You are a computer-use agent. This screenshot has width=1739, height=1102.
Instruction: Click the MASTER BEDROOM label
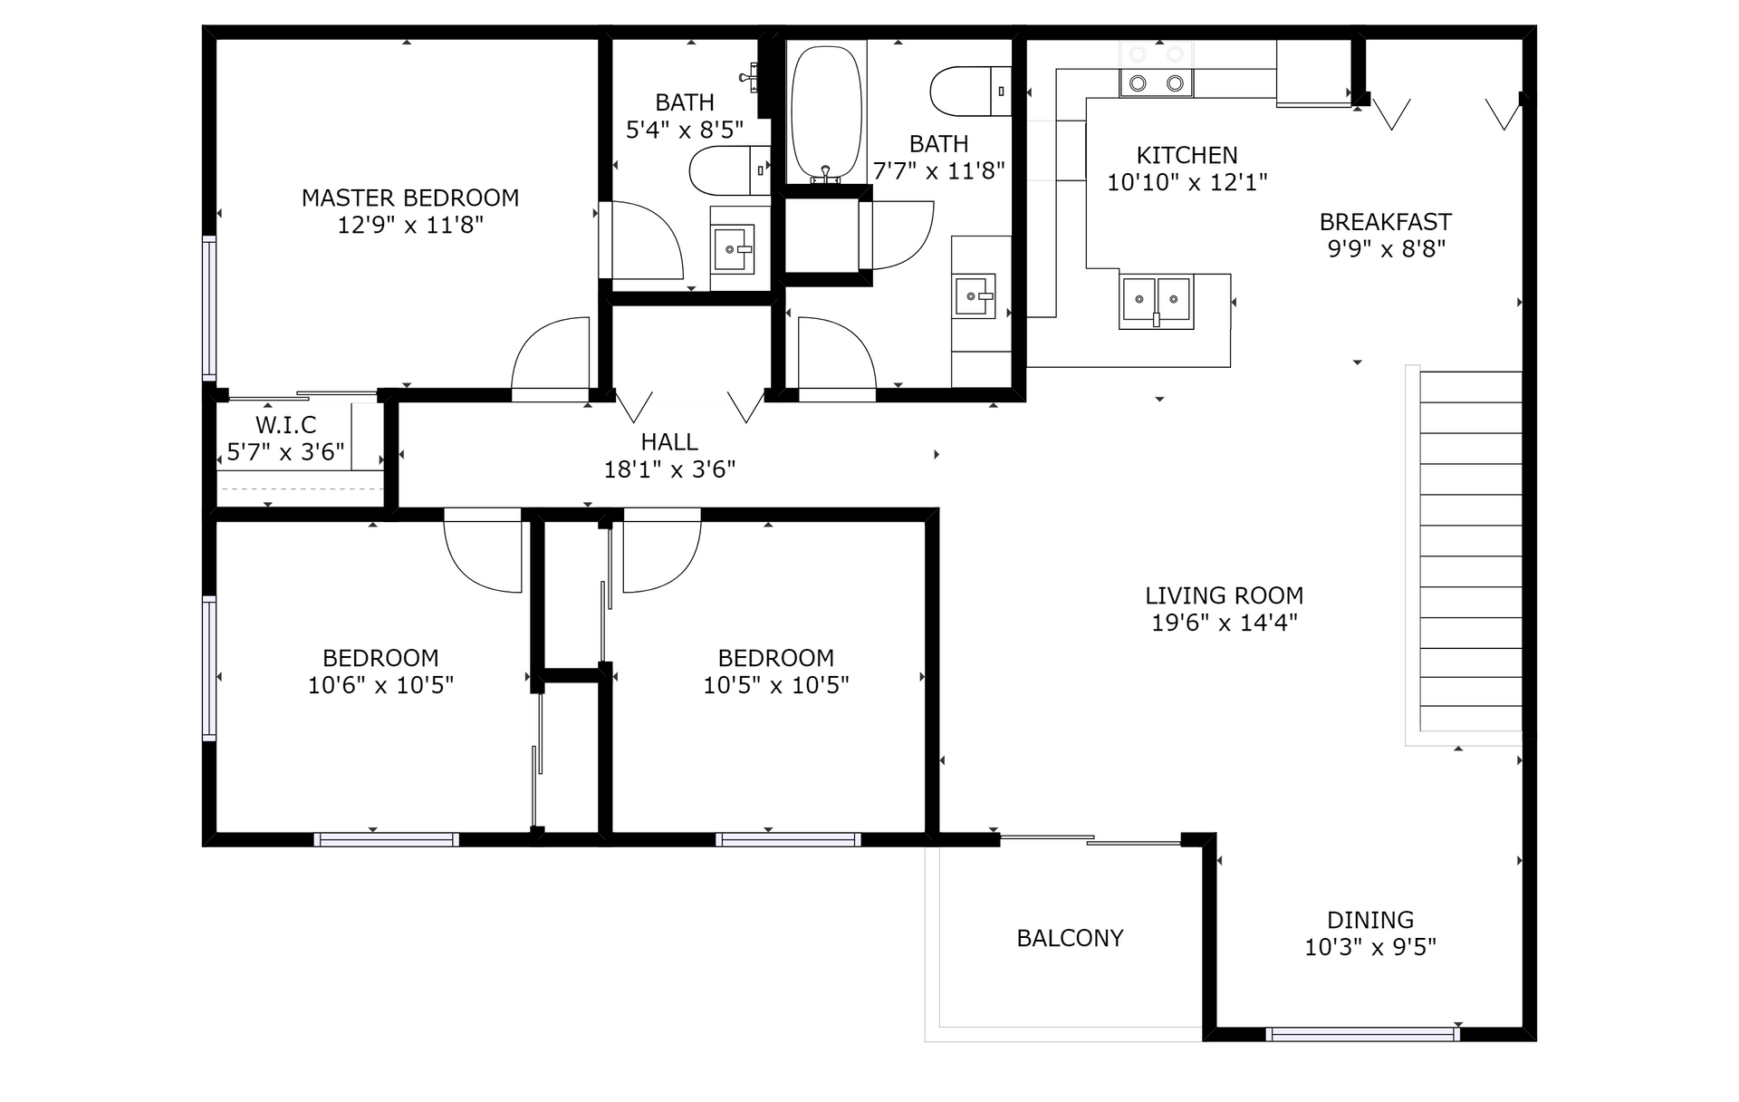click(x=410, y=198)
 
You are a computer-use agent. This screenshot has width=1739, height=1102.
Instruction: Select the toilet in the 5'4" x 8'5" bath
click(x=729, y=170)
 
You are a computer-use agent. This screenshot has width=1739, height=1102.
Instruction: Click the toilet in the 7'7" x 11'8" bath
click(x=971, y=91)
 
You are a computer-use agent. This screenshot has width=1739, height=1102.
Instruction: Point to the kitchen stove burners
click(x=1157, y=83)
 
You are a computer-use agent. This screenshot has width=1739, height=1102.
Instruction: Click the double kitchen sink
click(x=1157, y=300)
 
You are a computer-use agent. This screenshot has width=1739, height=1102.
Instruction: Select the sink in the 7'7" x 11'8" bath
click(x=975, y=296)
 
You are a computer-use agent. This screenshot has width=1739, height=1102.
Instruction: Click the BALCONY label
click(x=1070, y=938)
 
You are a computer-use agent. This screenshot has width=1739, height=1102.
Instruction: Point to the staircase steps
click(x=1470, y=551)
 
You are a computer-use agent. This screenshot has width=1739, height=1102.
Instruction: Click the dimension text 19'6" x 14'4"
click(x=1225, y=623)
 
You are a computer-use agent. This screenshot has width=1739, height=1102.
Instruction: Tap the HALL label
click(x=669, y=442)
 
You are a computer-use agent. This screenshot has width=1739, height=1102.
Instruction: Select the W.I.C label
click(x=286, y=425)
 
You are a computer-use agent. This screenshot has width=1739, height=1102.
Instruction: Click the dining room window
click(x=1362, y=1034)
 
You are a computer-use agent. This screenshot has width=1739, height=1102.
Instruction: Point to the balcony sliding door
click(x=1090, y=840)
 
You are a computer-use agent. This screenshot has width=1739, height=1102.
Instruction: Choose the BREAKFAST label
click(x=1386, y=222)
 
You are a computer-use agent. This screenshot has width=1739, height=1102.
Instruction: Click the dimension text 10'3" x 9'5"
click(x=1370, y=947)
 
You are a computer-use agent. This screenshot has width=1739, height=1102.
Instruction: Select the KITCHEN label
click(x=1187, y=155)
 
